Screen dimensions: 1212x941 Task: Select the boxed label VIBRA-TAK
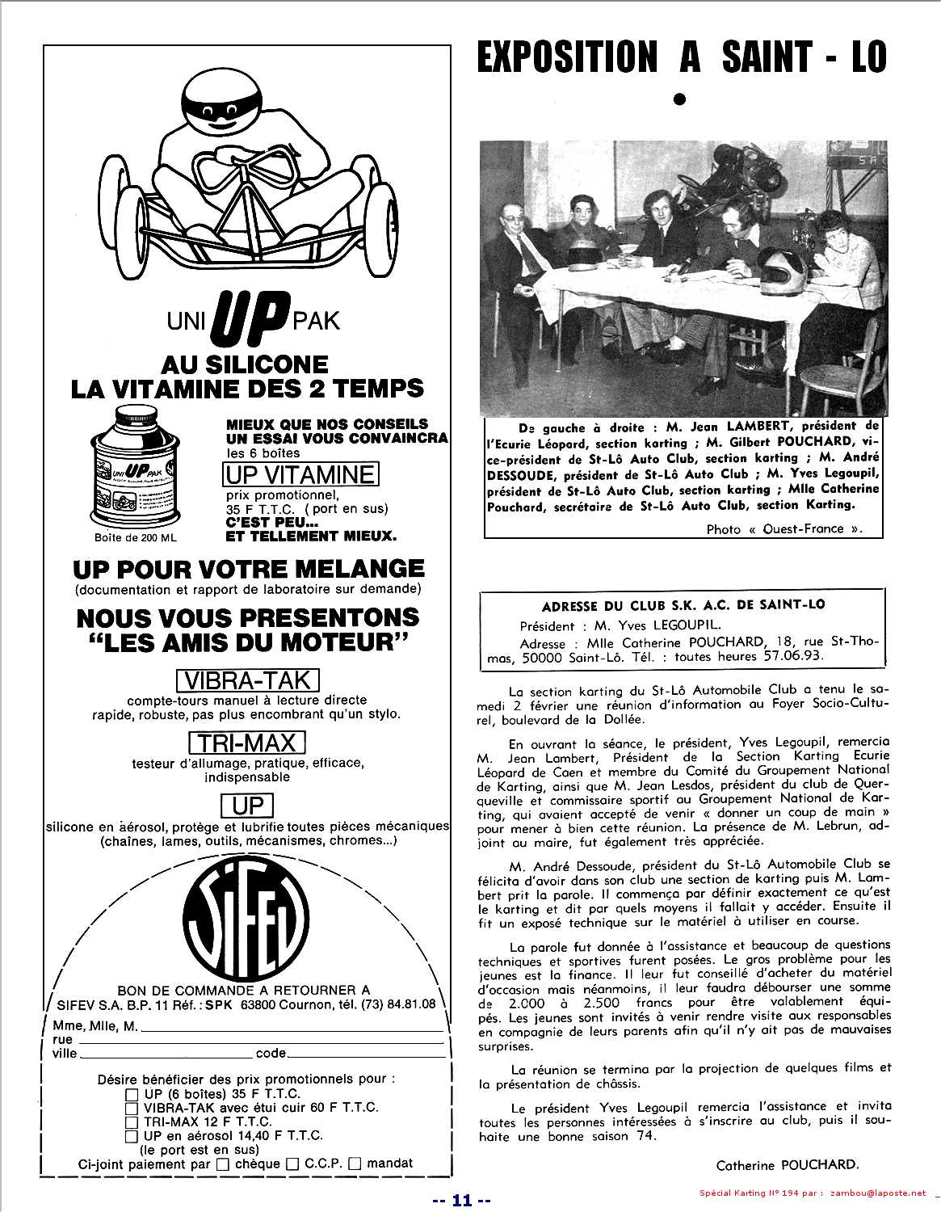pos(247,679)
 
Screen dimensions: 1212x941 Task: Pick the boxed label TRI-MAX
pos(247,743)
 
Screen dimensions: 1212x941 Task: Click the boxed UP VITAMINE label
pos(300,473)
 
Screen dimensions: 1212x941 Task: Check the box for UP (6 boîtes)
pos(132,1094)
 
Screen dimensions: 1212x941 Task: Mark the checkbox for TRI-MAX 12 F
pos(132,1122)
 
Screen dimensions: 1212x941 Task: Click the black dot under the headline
pos(679,99)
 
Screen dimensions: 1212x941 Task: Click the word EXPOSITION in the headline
pos(566,57)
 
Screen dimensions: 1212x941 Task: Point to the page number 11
pos(461,1200)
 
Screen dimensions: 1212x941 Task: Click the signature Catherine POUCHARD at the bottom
pos(787,1164)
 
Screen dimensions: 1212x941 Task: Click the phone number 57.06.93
pos(794,657)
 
